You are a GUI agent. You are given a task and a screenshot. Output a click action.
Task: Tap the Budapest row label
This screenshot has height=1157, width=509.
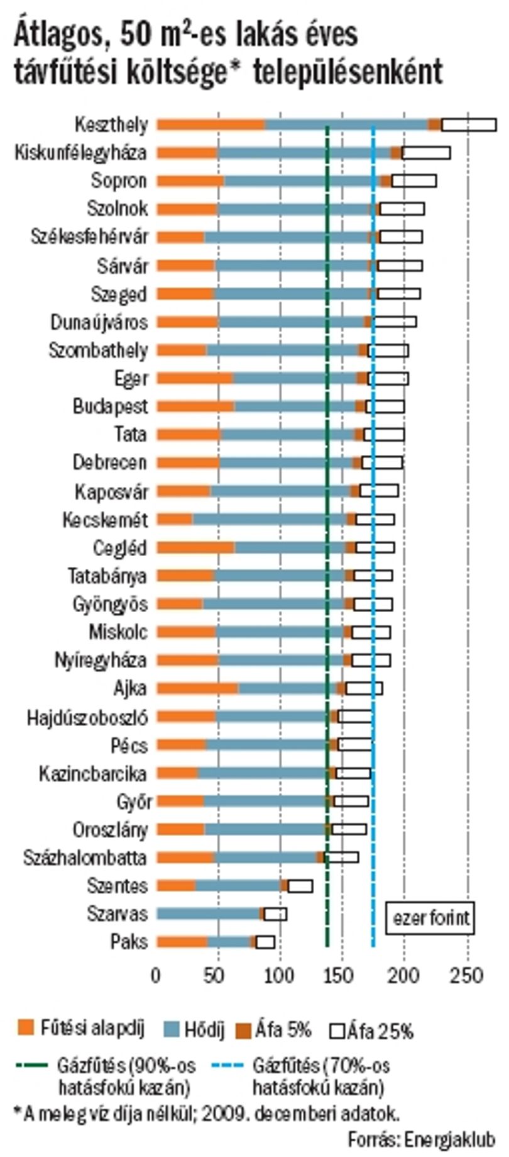coord(110,406)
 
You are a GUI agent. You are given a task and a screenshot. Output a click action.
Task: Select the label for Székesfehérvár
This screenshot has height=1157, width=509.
coord(90,237)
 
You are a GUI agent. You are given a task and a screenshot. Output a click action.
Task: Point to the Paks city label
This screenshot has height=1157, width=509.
coord(129,941)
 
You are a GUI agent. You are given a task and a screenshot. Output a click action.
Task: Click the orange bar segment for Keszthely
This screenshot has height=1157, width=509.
coord(211,125)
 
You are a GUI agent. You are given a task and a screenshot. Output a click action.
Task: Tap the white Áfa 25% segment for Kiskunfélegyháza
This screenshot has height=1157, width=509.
coord(425,153)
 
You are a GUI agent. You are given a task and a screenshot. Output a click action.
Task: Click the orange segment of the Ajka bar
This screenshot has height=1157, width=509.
coord(197,688)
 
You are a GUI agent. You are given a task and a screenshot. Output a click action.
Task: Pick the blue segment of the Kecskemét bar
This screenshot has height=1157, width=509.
coord(270,519)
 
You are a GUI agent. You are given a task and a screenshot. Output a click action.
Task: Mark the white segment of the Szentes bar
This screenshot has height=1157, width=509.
coord(300,886)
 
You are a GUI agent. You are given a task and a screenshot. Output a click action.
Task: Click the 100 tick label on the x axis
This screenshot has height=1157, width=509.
coord(280,975)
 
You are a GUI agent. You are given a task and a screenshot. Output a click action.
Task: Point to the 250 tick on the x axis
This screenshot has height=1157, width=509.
coord(467,975)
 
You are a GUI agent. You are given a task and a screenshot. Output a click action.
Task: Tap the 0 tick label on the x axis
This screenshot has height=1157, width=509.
coord(156,975)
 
